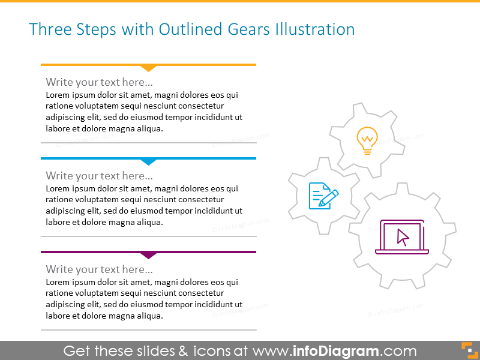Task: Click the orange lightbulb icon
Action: (367, 141)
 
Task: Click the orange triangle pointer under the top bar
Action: (148, 68)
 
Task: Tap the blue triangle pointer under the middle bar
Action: (148, 161)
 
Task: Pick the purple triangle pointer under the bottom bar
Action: (148, 255)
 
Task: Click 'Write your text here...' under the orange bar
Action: (99, 82)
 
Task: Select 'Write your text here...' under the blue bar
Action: (99, 176)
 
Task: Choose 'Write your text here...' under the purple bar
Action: (99, 269)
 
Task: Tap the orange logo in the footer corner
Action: (468, 350)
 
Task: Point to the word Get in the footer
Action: (76, 351)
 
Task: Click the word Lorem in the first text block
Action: (58, 95)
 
